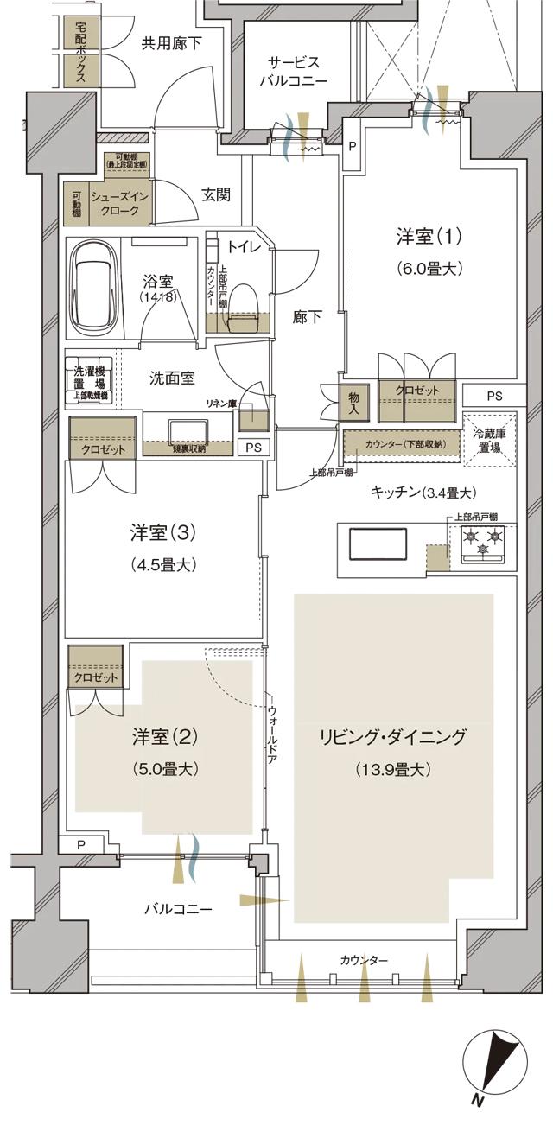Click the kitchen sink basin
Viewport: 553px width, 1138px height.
[378, 545]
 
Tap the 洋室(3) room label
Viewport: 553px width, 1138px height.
[163, 533]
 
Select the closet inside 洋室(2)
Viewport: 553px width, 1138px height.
[94, 677]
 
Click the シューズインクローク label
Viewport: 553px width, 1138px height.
[127, 204]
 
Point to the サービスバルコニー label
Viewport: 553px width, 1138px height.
[295, 71]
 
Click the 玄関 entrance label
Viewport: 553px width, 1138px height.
[216, 194]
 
